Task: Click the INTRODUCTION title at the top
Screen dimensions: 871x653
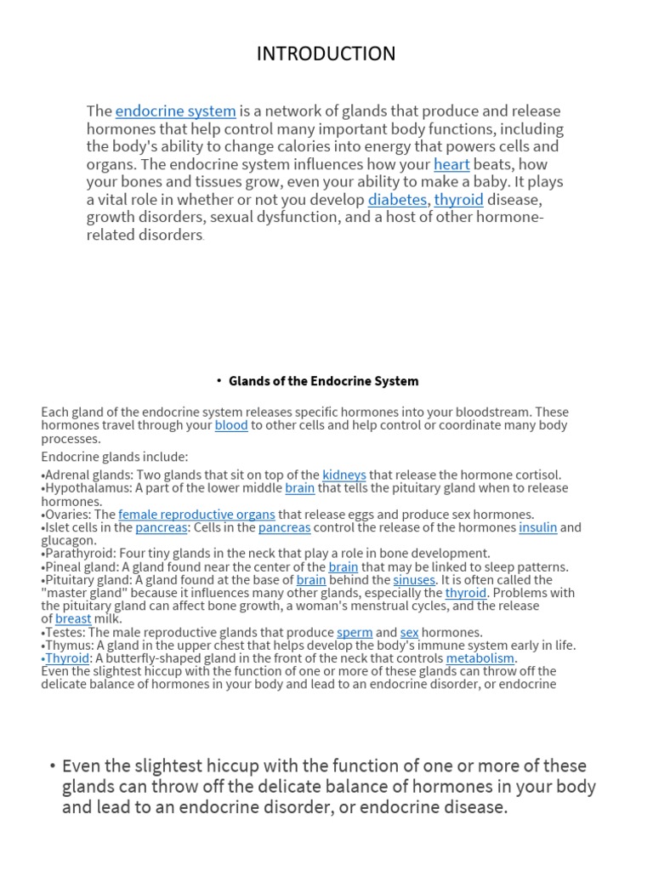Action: pos(326,54)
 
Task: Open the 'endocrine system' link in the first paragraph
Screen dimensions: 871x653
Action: pos(175,111)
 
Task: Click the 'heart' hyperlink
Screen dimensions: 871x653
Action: pos(451,164)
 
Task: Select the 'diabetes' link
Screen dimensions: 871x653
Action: pos(397,200)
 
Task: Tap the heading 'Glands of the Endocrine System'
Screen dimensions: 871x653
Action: pos(323,381)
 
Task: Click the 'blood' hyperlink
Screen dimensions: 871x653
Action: pos(231,425)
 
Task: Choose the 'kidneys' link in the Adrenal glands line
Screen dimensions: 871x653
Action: pos(344,475)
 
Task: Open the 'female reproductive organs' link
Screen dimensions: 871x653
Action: pos(196,515)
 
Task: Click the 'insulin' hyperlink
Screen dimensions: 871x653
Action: pos(538,527)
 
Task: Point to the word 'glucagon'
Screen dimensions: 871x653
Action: pos(68,540)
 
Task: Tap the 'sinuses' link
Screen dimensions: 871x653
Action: pos(414,580)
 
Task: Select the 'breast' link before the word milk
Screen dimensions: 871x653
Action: pos(73,619)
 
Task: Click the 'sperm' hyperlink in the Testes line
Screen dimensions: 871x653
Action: pos(355,633)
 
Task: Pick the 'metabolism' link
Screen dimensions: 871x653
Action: pos(480,658)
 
